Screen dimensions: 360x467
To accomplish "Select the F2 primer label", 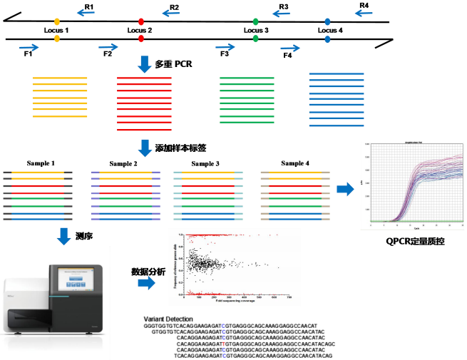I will click(x=108, y=53).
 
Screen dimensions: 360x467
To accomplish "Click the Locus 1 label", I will click(x=56, y=31).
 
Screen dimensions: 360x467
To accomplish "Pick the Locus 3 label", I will click(x=256, y=31).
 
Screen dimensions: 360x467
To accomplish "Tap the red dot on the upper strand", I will click(x=140, y=21).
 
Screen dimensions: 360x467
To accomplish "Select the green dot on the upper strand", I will click(x=256, y=21).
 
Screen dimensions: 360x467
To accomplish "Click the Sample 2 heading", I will click(x=123, y=164).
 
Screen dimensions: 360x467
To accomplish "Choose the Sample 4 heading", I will click(x=295, y=164).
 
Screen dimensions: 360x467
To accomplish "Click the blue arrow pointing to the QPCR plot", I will click(x=347, y=190).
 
